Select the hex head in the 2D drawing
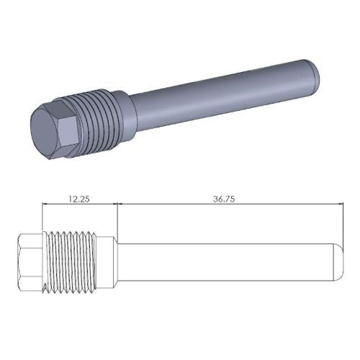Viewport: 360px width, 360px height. point(30,263)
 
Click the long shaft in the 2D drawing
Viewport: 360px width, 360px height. point(223,263)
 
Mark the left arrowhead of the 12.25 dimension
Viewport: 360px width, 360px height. point(45,204)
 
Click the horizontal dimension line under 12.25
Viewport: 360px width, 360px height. point(79,204)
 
